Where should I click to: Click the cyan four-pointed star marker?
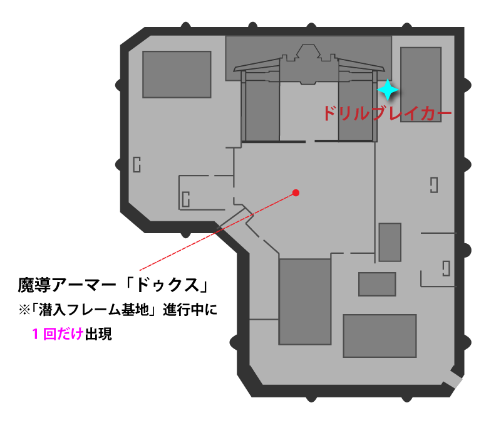tap(388, 90)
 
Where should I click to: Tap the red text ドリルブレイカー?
tap(387, 113)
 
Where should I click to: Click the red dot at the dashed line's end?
tap(296, 193)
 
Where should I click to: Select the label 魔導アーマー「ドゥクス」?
tap(113, 285)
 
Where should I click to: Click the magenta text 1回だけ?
tap(58, 334)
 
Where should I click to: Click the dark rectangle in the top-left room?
tap(177, 74)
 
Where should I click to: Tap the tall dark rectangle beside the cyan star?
tap(421, 85)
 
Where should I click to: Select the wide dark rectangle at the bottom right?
tap(380, 336)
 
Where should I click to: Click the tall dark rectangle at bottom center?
tap(305, 302)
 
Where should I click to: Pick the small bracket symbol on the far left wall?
tap(137, 164)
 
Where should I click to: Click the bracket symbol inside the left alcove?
tap(185, 199)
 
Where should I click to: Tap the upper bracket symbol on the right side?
tap(434, 185)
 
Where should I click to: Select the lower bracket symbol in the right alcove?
tap(447, 269)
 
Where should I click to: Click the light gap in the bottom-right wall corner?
tap(452, 379)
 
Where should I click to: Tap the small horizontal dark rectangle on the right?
tap(377, 285)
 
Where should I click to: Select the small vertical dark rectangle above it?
tap(390, 243)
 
